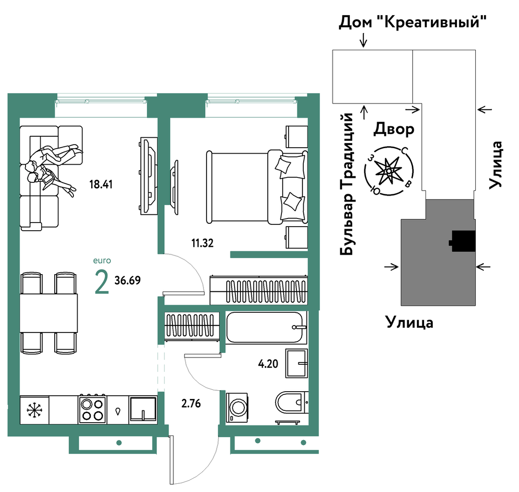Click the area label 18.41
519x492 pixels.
click(101, 184)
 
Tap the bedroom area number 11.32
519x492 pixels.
click(202, 243)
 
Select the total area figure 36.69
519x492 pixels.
click(127, 280)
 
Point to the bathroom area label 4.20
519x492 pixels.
click(268, 364)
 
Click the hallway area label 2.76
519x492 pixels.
click(191, 404)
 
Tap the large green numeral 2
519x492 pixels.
click(102, 282)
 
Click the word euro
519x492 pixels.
click(102, 261)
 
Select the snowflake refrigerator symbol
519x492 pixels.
click(34, 410)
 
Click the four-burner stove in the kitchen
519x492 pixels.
click(93, 409)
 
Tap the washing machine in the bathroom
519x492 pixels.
click(237, 407)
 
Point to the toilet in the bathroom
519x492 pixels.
click(291, 403)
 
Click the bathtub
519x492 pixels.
click(266, 327)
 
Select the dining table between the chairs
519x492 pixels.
click(49, 313)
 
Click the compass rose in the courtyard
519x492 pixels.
click(389, 171)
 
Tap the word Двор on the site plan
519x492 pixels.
click(394, 129)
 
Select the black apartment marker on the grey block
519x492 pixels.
click(462, 241)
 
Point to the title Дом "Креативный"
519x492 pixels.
click(413, 22)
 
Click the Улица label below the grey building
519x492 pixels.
click(410, 321)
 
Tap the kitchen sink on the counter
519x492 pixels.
click(143, 409)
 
